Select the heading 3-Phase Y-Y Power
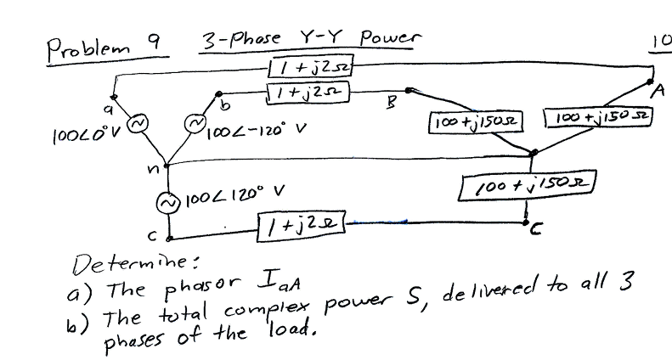click(x=310, y=39)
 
